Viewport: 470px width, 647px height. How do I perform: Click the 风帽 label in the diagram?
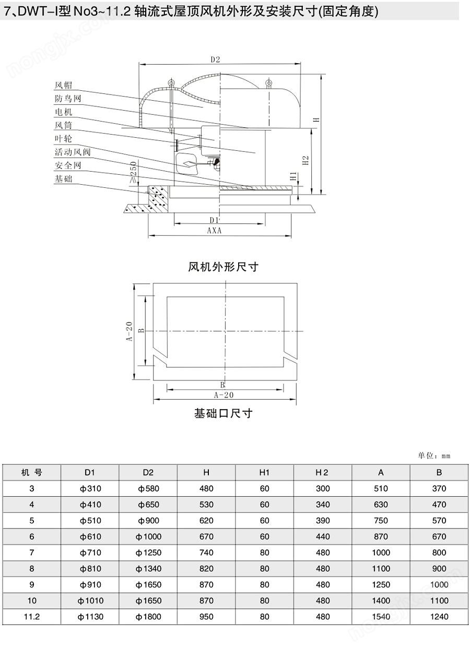tap(63, 85)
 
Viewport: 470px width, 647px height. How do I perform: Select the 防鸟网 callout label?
tap(68, 99)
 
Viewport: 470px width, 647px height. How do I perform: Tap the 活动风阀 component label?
tap(73, 152)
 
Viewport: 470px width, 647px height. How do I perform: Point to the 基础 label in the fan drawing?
tap(63, 179)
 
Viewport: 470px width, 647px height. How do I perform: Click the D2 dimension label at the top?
tap(215, 59)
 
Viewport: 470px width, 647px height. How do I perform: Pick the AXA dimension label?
tap(214, 231)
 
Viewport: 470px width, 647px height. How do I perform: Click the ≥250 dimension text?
tap(133, 172)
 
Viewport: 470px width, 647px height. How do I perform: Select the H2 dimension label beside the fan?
tap(305, 160)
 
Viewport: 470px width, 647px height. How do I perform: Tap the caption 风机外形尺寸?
tap(223, 267)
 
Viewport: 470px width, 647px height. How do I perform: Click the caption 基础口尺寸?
tap(223, 414)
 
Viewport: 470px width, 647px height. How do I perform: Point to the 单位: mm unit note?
tap(434, 456)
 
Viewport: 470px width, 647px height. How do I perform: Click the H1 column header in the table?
tap(264, 473)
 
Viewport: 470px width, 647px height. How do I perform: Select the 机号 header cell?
tap(31, 473)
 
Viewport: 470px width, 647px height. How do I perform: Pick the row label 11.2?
tap(32, 617)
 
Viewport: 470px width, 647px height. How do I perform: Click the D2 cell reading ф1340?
tap(148, 568)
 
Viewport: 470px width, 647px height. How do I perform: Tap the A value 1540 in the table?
tap(381, 617)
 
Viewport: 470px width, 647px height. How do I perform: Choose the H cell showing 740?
tap(206, 553)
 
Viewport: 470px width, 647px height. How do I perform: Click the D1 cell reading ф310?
tap(90, 488)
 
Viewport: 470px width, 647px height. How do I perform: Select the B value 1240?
tap(439, 617)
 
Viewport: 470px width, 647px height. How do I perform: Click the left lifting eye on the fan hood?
tap(171, 83)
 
